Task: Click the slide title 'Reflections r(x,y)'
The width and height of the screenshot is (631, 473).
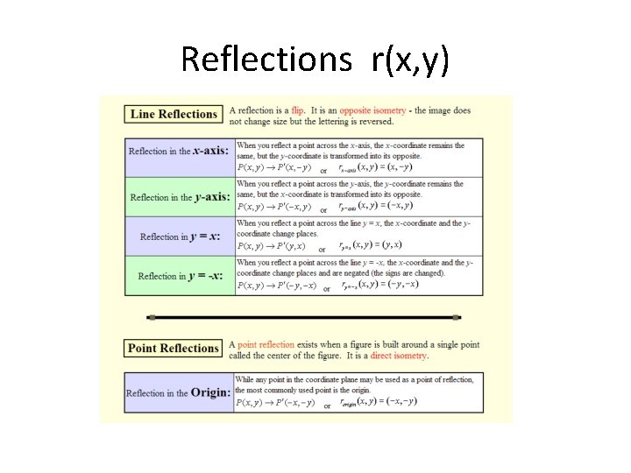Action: click(315, 59)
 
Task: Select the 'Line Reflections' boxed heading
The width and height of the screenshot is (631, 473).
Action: click(174, 114)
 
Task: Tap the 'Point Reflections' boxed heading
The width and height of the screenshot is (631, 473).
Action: click(173, 348)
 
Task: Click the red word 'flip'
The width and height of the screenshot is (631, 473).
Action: click(298, 111)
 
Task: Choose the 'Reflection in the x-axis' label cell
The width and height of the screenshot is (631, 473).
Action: click(179, 151)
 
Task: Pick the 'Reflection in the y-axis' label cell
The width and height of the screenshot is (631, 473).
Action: click(180, 197)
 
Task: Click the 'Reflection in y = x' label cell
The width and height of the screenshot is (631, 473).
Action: click(180, 236)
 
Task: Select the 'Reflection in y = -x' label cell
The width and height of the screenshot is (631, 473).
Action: click(180, 276)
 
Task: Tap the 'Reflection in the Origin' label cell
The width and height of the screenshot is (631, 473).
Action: click(179, 392)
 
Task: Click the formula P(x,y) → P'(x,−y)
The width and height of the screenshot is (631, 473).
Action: click(274, 167)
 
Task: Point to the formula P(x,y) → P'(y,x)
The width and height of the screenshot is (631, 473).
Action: click(272, 246)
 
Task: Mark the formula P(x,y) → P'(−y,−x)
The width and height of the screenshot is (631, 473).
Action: click(277, 286)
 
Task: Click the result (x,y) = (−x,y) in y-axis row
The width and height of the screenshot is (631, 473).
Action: click(386, 206)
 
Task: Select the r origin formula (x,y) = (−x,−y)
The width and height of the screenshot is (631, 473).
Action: click(386, 402)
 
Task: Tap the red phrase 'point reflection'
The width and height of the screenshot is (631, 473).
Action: click(266, 345)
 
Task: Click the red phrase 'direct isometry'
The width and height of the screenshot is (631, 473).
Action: click(399, 356)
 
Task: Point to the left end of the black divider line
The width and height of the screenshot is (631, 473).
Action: click(152, 317)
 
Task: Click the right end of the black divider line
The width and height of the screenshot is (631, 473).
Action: click(457, 317)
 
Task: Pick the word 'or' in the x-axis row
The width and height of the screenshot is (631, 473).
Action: click(323, 170)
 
